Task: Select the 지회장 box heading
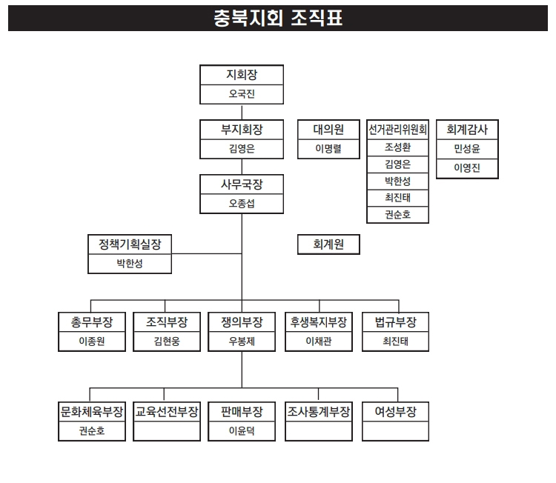[x=242, y=75]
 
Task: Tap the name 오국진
[x=242, y=94]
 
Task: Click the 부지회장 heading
[x=242, y=129]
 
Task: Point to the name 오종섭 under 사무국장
[x=242, y=204]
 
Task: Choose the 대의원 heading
[x=328, y=129]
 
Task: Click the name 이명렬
[x=328, y=148]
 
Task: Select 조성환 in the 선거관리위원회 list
[x=397, y=147]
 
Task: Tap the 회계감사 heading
[x=467, y=129]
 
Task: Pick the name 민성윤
[x=467, y=148]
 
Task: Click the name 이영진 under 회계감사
[x=467, y=168]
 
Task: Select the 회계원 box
[x=328, y=244]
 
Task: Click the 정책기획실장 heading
[x=130, y=244]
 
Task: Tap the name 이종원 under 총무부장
[x=92, y=342]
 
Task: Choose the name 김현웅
[x=167, y=342]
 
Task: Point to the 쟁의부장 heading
[x=242, y=322]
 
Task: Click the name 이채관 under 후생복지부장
[x=317, y=342]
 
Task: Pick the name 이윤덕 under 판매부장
[x=242, y=431]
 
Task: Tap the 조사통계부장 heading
[x=317, y=412]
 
